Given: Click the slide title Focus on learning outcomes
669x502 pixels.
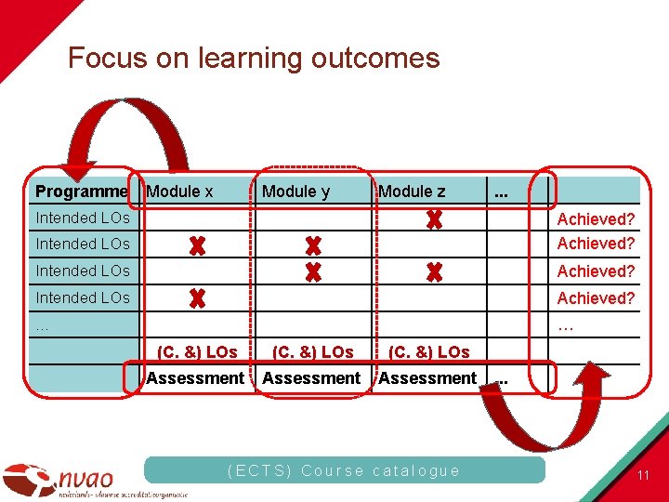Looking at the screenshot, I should (x=253, y=59).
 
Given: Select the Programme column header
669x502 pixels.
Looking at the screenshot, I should (x=81, y=192).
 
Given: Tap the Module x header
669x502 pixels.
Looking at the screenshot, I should (x=180, y=192).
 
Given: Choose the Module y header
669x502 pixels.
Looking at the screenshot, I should (x=295, y=192).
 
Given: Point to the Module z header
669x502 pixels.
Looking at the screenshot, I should (x=412, y=192).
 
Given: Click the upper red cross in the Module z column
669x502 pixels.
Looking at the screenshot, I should (x=433, y=220).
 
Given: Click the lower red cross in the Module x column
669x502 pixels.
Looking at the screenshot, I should (x=197, y=299).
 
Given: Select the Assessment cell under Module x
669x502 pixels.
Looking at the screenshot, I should (x=194, y=378).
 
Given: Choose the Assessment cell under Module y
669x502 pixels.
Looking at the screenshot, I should (x=311, y=378).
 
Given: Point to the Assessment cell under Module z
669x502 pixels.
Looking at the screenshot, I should (x=427, y=378).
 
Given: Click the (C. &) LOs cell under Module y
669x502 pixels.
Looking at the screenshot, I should (x=312, y=352).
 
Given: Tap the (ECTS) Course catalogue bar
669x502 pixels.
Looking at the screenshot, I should (x=344, y=470).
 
